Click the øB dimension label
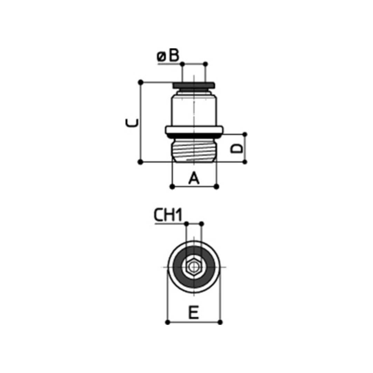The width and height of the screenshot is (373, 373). coord(168,56)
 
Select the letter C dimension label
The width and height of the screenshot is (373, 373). coord(132,123)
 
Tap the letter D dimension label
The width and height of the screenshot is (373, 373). coord(237,149)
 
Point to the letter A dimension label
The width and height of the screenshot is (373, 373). coord(194,178)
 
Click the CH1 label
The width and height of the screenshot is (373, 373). coord(168,215)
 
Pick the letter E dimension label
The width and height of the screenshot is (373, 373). coord(194,312)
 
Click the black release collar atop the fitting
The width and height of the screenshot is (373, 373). coord(194,85)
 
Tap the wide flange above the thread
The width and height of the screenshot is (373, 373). coord(194,130)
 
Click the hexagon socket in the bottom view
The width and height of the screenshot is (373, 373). coord(194,267)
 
